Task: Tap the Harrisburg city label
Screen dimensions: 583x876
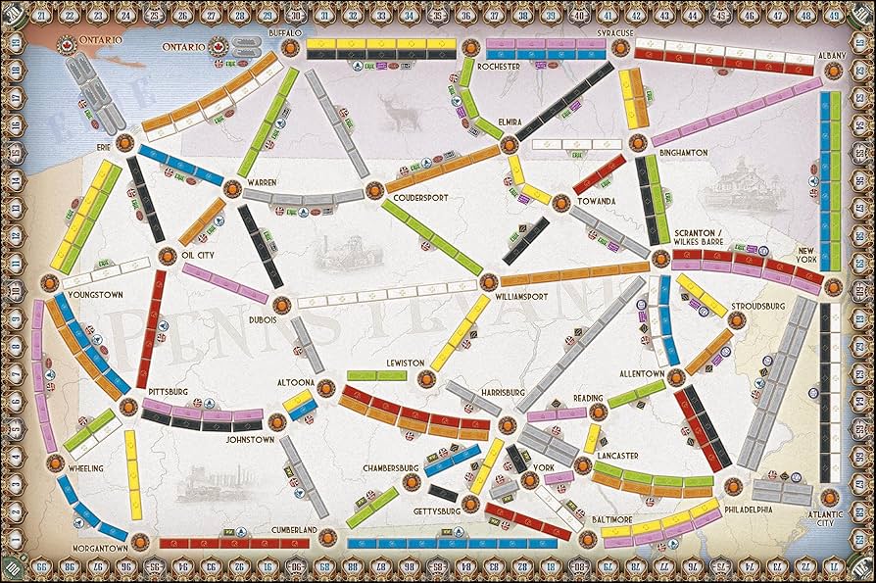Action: click(503, 393)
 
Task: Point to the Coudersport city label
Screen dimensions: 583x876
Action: click(420, 197)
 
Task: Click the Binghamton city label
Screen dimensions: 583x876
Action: click(684, 153)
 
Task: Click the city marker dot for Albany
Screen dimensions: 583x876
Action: click(834, 71)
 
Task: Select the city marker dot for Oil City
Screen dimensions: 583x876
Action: click(167, 257)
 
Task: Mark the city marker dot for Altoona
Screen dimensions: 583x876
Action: click(326, 385)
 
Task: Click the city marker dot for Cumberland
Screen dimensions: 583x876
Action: click(327, 537)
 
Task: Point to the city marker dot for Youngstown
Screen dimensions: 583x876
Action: click(49, 282)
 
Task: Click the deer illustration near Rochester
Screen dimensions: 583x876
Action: click(403, 117)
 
